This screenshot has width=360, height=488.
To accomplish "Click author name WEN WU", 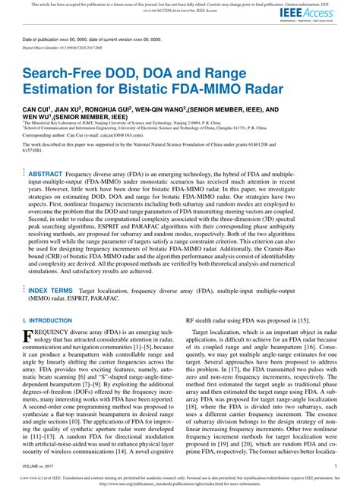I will (39, 118).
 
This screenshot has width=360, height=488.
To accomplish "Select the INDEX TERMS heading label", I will (52, 269).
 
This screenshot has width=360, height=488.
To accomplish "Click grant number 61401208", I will (326, 143).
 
